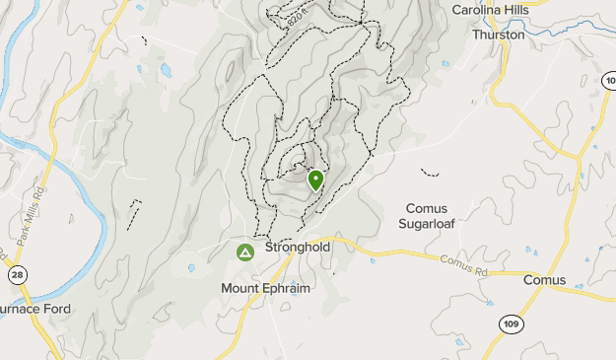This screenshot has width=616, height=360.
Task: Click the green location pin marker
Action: [x=315, y=180]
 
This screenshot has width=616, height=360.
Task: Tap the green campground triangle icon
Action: [x=244, y=253]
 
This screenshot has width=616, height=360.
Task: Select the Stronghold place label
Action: [x=298, y=248]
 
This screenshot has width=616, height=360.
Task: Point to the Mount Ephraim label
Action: [x=265, y=288]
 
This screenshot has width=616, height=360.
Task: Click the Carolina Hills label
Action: [x=490, y=10]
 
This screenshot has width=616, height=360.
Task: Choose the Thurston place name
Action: [x=498, y=34]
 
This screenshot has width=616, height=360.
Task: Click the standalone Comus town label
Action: [x=544, y=280]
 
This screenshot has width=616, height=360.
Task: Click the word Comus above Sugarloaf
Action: [x=427, y=209]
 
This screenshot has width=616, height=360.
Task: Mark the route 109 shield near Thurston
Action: [x=607, y=79]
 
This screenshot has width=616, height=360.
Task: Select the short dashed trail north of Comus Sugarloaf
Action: [x=430, y=173]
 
